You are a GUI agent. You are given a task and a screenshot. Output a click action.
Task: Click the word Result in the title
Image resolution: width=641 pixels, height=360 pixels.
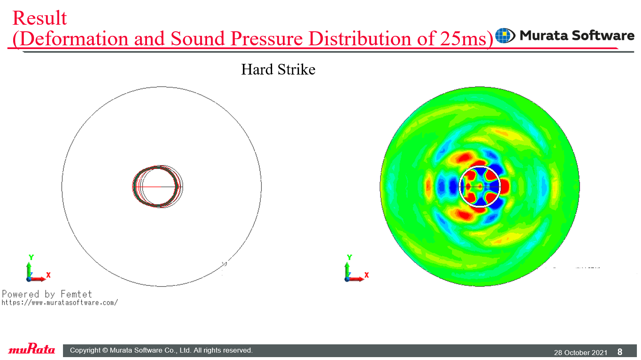[x=40, y=18]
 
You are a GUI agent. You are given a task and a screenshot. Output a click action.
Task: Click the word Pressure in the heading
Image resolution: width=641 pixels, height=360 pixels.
[x=266, y=38]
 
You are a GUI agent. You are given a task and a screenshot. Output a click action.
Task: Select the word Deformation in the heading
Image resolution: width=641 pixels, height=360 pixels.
[x=74, y=38]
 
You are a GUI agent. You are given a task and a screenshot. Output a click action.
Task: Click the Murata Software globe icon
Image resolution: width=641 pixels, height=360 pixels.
[x=505, y=35]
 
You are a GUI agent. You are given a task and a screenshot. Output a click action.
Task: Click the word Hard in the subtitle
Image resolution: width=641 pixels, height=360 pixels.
[x=257, y=69]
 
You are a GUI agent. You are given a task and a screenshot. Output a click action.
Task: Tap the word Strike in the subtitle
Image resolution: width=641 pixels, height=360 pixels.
[x=296, y=69]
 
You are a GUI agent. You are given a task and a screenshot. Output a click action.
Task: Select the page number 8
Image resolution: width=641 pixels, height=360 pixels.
[x=620, y=352]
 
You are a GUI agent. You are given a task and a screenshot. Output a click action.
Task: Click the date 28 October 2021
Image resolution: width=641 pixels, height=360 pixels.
[x=580, y=353]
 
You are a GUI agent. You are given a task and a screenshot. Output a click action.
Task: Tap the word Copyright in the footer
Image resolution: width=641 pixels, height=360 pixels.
[x=85, y=350]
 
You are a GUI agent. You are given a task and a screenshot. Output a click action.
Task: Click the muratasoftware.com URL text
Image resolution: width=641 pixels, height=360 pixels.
[x=60, y=303]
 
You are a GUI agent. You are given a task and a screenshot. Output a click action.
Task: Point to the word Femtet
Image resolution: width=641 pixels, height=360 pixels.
[x=76, y=294]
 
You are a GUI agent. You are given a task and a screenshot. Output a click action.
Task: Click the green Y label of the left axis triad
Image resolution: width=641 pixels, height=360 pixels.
[x=31, y=257]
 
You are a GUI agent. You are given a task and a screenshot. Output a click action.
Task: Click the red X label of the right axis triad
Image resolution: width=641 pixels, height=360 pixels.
[x=366, y=275]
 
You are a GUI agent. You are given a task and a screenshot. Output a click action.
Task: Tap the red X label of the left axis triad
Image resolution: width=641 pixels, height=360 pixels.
[x=48, y=275]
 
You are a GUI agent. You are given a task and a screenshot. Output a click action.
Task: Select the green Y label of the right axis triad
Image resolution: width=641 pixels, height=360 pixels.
[x=350, y=257]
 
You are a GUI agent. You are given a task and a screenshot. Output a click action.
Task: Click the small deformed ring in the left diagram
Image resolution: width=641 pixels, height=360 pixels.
[x=133, y=187]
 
